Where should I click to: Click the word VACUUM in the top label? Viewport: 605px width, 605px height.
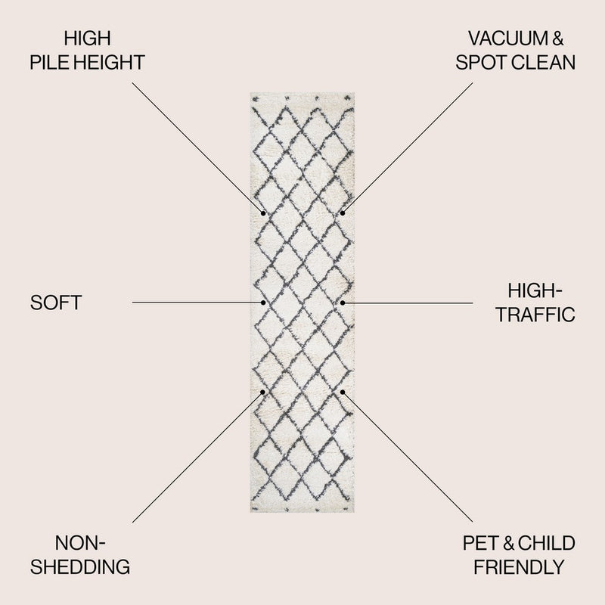tap(507, 39)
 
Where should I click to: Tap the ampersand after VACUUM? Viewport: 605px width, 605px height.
tap(558, 39)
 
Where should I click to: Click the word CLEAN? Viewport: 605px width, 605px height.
tap(545, 63)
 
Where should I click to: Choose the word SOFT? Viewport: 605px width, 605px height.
tap(56, 303)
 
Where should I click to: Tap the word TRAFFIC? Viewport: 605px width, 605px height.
tap(535, 315)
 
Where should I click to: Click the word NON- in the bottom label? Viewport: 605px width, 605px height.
tap(80, 543)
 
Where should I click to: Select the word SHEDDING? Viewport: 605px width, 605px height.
tap(80, 566)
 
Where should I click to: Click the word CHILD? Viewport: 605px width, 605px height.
tap(546, 543)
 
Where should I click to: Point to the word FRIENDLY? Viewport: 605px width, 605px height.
tap(519, 566)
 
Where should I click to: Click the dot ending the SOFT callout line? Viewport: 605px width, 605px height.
tap(263, 303)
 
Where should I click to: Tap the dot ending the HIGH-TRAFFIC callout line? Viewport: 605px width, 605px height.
tap(343, 303)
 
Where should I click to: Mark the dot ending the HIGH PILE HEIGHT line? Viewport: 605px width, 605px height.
tap(263, 213)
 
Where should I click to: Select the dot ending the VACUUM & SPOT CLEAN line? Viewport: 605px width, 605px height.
tap(343, 213)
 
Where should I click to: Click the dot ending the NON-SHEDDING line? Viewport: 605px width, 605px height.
tap(262, 392)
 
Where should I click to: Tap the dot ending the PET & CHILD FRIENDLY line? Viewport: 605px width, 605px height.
tap(343, 392)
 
